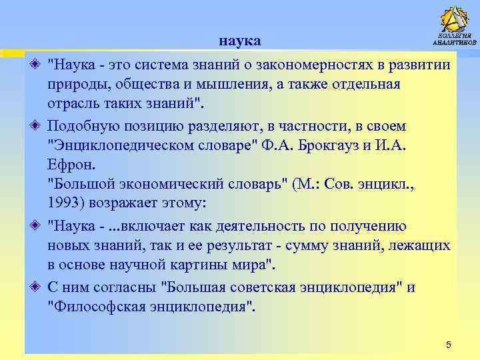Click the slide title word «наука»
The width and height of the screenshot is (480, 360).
pos(239,42)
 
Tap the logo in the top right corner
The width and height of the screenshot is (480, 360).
pos(454,26)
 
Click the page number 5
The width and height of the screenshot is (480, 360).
pos(448,345)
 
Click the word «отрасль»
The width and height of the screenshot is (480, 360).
pos(73,104)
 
